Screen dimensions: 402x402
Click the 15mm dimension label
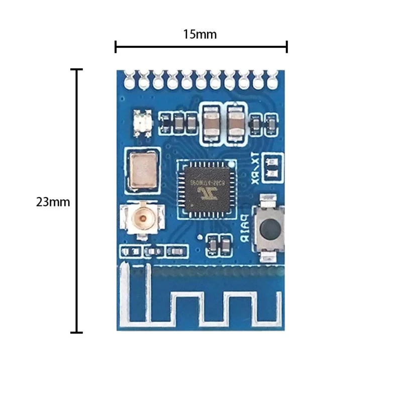[199, 35]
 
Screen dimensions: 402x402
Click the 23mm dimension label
[53, 202]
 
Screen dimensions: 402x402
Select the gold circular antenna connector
[143, 218]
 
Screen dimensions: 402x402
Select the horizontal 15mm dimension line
[201, 47]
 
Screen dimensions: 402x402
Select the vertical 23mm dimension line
[76, 201]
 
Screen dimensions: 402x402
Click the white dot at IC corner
[231, 164]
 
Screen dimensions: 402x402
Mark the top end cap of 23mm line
[76, 69]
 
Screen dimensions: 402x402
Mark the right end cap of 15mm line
[286, 47]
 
